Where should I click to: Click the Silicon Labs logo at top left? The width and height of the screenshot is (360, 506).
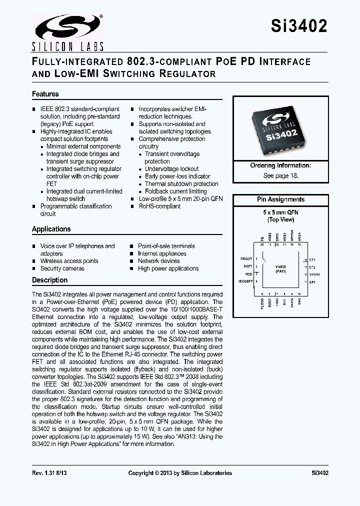[67, 32]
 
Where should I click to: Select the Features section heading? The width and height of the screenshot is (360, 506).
[45, 94]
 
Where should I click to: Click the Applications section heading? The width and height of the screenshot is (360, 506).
[51, 229]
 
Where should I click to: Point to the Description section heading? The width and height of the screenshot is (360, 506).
[49, 280]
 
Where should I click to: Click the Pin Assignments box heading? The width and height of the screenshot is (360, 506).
[280, 199]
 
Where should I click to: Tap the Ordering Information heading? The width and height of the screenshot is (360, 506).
[280, 165]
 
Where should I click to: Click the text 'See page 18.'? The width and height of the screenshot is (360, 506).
[280, 176]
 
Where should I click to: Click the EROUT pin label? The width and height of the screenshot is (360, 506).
[246, 259]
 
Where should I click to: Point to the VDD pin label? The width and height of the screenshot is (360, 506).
[248, 274]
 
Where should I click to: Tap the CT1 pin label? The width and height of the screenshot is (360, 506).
[313, 259]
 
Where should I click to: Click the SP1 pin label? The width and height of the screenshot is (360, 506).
[313, 282]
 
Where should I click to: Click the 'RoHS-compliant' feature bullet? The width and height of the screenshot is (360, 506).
[159, 206]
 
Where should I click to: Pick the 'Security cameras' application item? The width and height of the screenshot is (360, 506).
[62, 268]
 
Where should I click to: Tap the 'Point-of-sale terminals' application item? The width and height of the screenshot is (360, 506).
[166, 246]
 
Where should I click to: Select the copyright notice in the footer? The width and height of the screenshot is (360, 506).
[180, 473]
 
